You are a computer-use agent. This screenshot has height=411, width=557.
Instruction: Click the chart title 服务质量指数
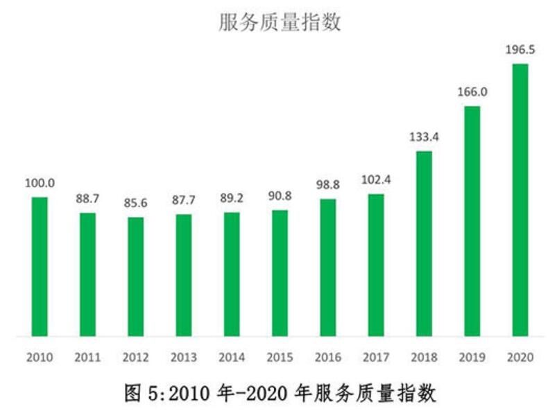(x=280, y=22)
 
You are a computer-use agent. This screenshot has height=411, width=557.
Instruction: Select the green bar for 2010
(x=40, y=267)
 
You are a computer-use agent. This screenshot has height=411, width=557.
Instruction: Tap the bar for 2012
(x=136, y=277)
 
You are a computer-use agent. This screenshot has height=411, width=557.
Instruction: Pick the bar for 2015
(x=280, y=274)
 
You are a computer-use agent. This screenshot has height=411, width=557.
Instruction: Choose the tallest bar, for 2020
(x=520, y=200)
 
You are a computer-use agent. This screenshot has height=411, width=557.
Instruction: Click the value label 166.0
(x=472, y=91)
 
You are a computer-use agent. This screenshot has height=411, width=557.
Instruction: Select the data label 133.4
(x=424, y=137)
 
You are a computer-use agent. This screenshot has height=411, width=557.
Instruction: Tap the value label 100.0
(x=40, y=183)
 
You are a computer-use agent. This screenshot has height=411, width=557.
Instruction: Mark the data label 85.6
(x=136, y=203)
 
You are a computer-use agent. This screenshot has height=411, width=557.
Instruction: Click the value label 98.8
(x=327, y=185)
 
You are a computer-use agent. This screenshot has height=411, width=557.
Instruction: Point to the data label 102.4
(x=376, y=180)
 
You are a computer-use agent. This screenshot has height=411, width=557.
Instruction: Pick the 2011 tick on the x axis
(x=87, y=358)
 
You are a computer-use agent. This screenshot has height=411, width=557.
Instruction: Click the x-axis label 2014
(x=232, y=358)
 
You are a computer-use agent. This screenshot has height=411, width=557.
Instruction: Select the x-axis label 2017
(x=376, y=358)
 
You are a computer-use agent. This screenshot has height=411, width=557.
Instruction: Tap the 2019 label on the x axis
(x=472, y=358)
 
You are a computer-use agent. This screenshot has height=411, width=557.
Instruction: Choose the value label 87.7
(x=184, y=200)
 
